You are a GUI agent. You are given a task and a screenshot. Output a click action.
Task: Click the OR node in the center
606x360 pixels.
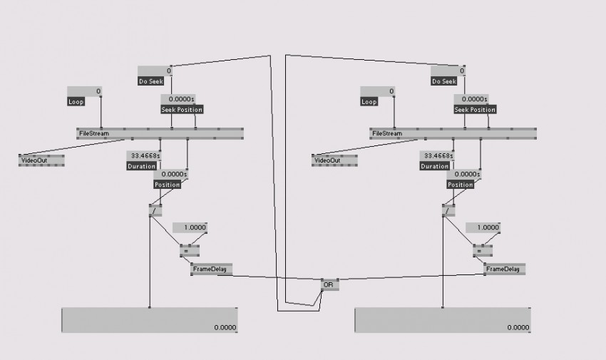pos(329,284)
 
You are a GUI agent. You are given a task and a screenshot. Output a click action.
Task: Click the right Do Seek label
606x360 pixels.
pos(444,81)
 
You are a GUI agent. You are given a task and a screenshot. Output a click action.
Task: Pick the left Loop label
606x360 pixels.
pos(76,102)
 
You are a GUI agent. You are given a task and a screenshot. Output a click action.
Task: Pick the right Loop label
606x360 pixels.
pos(369,102)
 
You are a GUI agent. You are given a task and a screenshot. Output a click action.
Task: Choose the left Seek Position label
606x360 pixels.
pos(182,109)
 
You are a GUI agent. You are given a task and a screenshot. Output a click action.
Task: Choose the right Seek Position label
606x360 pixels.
pos(475,109)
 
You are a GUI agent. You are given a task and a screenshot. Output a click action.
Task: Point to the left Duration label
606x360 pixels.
pos(141,166)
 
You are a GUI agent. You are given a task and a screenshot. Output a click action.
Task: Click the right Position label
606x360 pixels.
pos(461,185)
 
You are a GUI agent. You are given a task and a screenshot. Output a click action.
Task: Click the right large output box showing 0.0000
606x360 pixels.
pos(442,320)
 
